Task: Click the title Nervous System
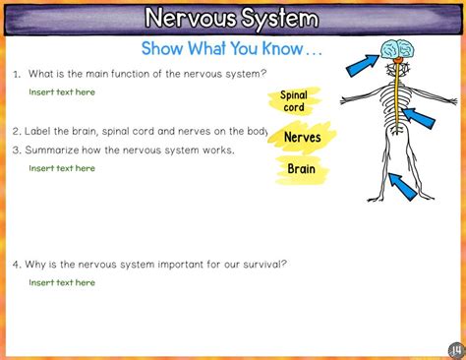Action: pyautogui.click(x=232, y=19)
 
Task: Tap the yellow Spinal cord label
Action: pyautogui.click(x=294, y=101)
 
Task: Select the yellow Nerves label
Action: pyautogui.click(x=302, y=138)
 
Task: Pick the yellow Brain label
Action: pyautogui.click(x=301, y=169)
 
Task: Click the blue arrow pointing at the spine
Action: pyautogui.click(x=418, y=117)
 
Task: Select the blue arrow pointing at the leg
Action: pyautogui.click(x=403, y=184)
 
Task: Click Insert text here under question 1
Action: pyautogui.click(x=62, y=91)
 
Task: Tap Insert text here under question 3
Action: pyautogui.click(x=62, y=168)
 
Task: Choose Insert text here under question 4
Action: pyautogui.click(x=62, y=282)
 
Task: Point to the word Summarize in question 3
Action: pyautogui.click(x=56, y=150)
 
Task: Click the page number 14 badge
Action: pyautogui.click(x=456, y=350)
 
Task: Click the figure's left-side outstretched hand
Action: pyautogui.click(x=345, y=102)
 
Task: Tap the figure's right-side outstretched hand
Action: pyautogui.click(x=453, y=100)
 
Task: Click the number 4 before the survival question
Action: pyautogui.click(x=16, y=264)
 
